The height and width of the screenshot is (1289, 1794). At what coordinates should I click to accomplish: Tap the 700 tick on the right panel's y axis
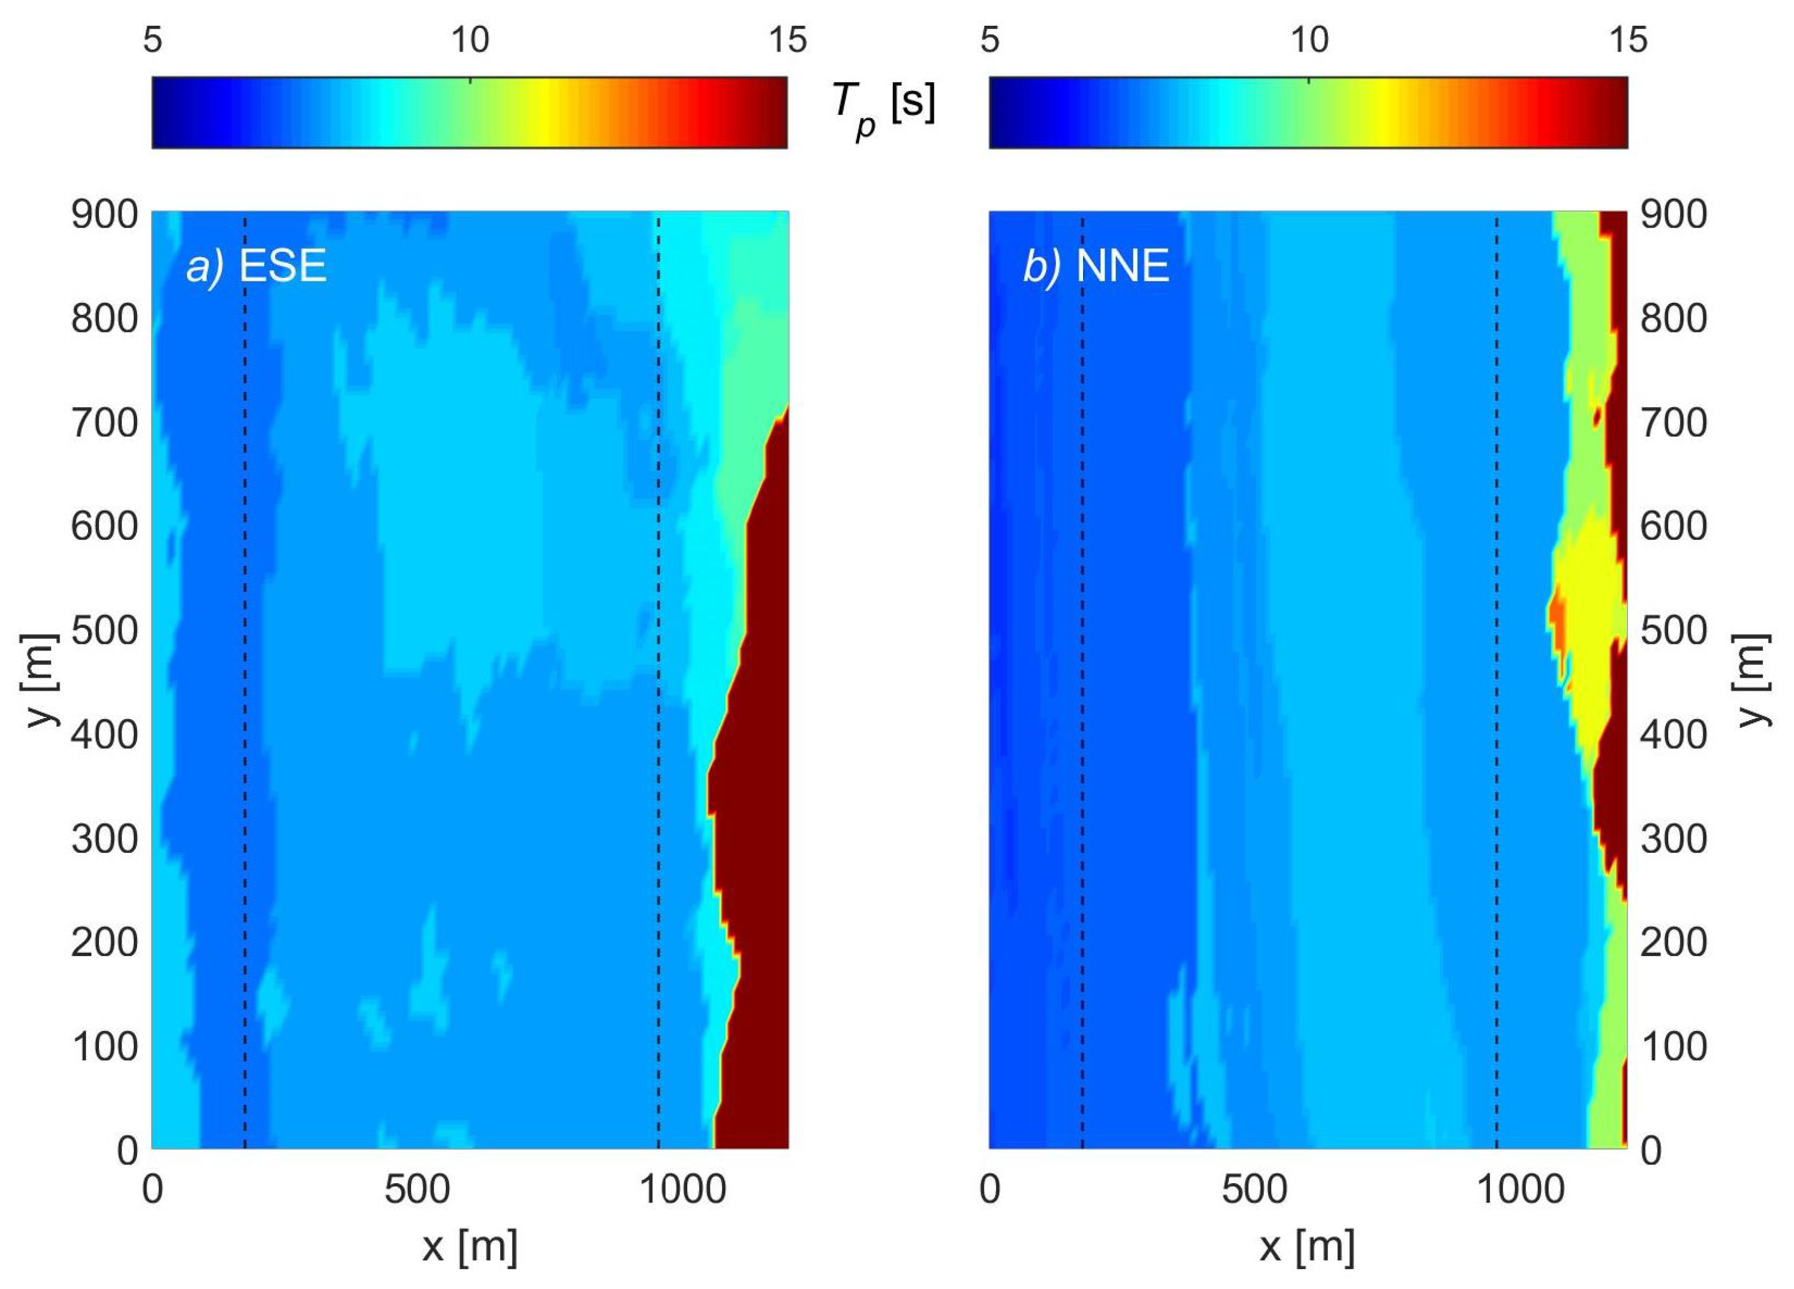1674,423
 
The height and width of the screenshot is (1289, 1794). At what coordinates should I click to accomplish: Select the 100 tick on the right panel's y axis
1674,1047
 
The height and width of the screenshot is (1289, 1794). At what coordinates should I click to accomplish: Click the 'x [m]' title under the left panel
470,1247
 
